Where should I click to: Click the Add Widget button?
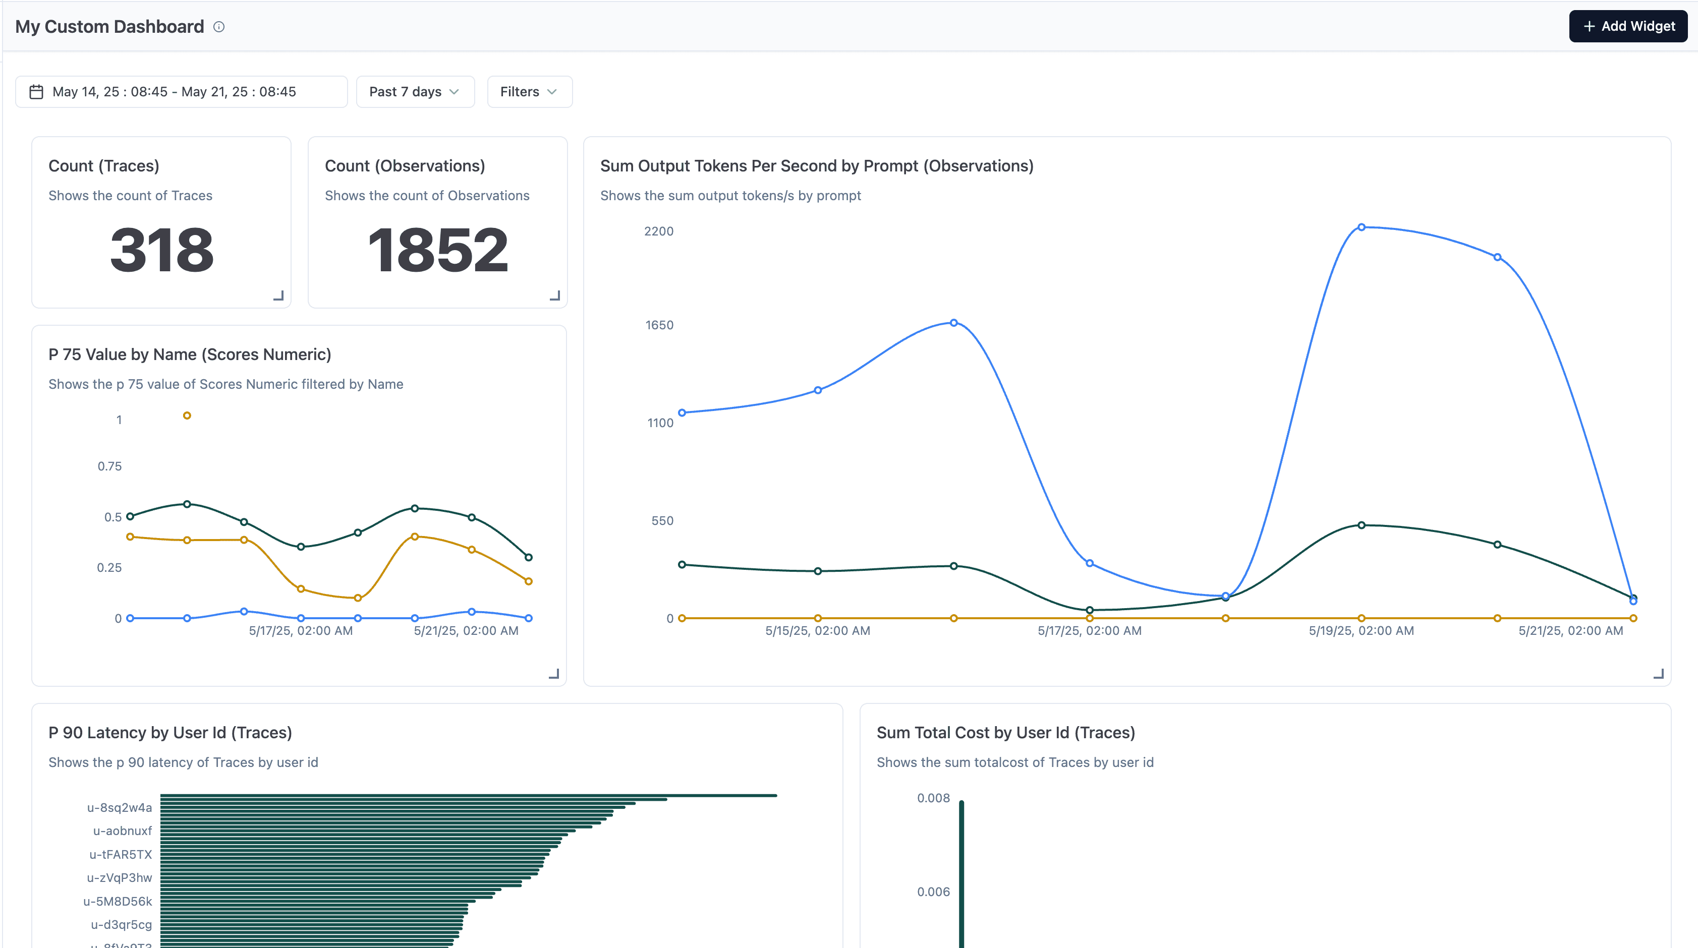click(1627, 26)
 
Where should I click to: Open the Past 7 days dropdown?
click(415, 92)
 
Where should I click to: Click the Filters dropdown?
click(529, 92)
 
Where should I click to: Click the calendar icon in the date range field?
click(36, 92)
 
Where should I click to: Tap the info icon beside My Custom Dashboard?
click(219, 27)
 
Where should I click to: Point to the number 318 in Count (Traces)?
click(162, 250)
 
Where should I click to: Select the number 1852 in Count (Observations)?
click(438, 250)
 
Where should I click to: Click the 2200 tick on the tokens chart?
click(658, 231)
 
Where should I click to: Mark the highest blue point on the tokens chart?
click(1361, 227)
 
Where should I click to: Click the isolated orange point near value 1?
click(187, 416)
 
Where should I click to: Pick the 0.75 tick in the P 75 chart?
click(109, 466)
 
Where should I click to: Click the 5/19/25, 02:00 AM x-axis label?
click(1361, 630)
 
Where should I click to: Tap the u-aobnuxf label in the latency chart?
click(123, 831)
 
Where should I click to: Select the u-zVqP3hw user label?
click(120, 877)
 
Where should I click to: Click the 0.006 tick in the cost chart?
click(933, 892)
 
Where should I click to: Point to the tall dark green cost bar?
click(961, 876)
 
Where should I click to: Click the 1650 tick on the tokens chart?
click(659, 325)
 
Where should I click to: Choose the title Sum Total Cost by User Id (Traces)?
click(1005, 733)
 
